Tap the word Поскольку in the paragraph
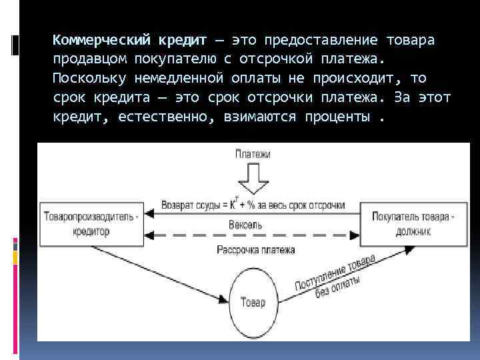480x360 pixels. pos(85,79)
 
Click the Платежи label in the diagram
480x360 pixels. pos(252,155)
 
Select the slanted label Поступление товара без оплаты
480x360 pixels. pos(337,277)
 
